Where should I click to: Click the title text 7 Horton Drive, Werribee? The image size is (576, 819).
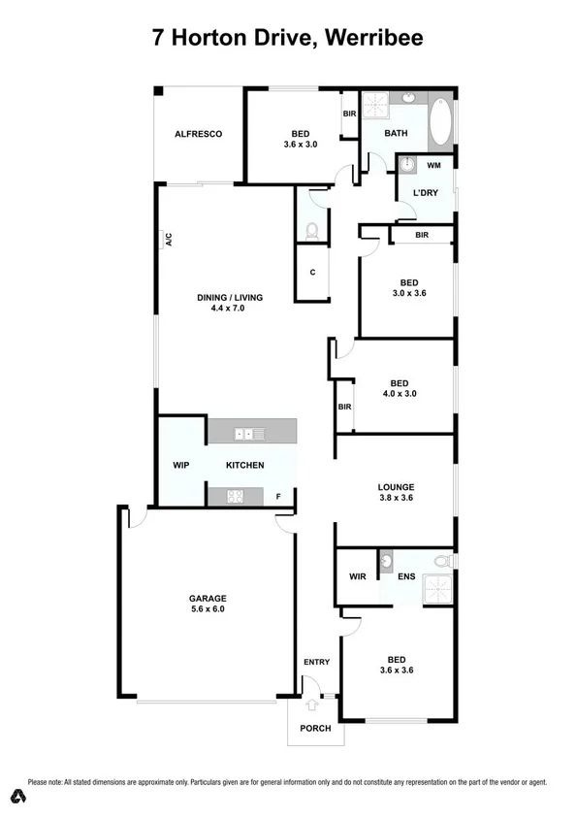tap(287, 38)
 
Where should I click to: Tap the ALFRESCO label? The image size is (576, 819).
tap(199, 134)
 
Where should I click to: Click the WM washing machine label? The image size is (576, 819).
tap(432, 166)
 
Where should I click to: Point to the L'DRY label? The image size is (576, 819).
tap(426, 192)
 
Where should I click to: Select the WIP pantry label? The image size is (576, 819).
tap(180, 465)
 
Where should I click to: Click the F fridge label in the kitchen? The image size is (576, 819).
tap(279, 497)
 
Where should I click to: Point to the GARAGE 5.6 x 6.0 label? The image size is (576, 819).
tap(207, 604)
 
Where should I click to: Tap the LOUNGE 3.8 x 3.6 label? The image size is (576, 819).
tap(396, 493)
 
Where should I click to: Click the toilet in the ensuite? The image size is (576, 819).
tap(443, 561)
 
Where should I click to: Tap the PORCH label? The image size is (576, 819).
tap(315, 728)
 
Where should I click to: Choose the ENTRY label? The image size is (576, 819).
tap(316, 663)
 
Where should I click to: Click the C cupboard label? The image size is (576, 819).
tap(312, 273)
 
